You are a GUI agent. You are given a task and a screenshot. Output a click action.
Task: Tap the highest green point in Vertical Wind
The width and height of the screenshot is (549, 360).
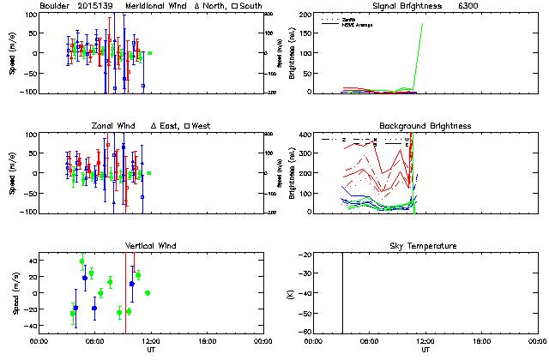click(82, 261)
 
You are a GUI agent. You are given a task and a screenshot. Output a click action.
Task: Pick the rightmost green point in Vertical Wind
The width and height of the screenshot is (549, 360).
click(148, 293)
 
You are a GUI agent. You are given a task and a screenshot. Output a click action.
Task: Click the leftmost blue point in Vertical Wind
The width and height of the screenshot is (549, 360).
click(75, 308)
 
